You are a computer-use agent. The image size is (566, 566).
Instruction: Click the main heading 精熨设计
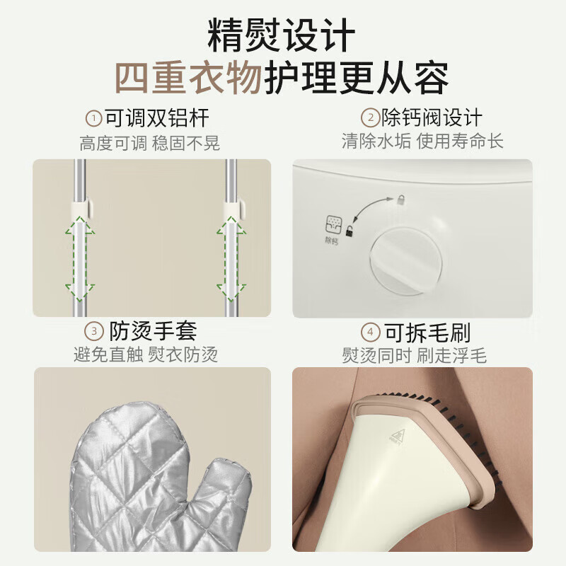coord(281,35)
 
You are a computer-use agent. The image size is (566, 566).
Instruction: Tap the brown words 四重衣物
coord(188,78)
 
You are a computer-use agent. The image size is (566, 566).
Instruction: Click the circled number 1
coord(93,118)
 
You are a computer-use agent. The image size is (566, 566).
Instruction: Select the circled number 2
coord(370,117)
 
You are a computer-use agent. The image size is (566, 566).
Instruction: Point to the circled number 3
coord(94,331)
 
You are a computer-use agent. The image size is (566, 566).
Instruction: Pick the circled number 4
coord(370,332)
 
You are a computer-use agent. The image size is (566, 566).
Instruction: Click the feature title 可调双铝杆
coord(157,118)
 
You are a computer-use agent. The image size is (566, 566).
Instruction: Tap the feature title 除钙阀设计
coord(432,117)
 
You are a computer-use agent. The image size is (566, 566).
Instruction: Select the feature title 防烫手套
coord(153,331)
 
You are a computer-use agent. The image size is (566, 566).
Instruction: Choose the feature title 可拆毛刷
coord(428,332)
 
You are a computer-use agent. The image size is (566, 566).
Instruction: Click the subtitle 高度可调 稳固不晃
coord(149,144)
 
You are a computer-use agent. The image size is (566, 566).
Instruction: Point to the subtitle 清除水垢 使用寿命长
coord(422,141)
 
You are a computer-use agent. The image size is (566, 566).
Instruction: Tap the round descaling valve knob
coord(406,260)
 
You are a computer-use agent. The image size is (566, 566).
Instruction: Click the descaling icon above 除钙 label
coord(333,224)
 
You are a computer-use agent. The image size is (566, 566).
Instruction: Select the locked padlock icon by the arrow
coord(401,199)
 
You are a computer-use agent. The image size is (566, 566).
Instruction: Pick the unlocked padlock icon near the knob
coord(349,231)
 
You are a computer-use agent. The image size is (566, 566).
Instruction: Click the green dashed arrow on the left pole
coord(80,259)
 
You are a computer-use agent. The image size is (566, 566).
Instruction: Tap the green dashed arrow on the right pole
coord(231,259)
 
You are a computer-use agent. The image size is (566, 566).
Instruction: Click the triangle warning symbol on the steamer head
coord(398,434)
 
